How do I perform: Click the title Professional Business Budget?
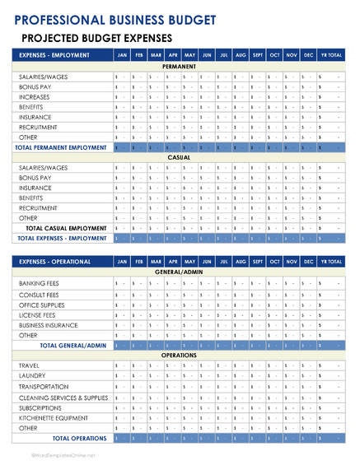pos(116,20)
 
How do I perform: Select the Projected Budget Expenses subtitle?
pos(96,38)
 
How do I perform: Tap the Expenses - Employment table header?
pos(54,55)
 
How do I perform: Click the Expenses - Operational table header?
pos(54,261)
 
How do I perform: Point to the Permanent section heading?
pos(180,66)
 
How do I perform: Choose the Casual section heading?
pos(180,157)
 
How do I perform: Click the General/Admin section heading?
pos(180,272)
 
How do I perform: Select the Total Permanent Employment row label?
pos(61,147)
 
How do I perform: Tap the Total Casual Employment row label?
pos(66,228)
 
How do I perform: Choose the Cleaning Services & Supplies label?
pos(63,398)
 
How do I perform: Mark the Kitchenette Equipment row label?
pos(54,418)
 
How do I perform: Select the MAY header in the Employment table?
pos(189,55)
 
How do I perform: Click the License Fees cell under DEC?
pos(309,314)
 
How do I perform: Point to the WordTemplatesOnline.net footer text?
pos(64,454)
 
